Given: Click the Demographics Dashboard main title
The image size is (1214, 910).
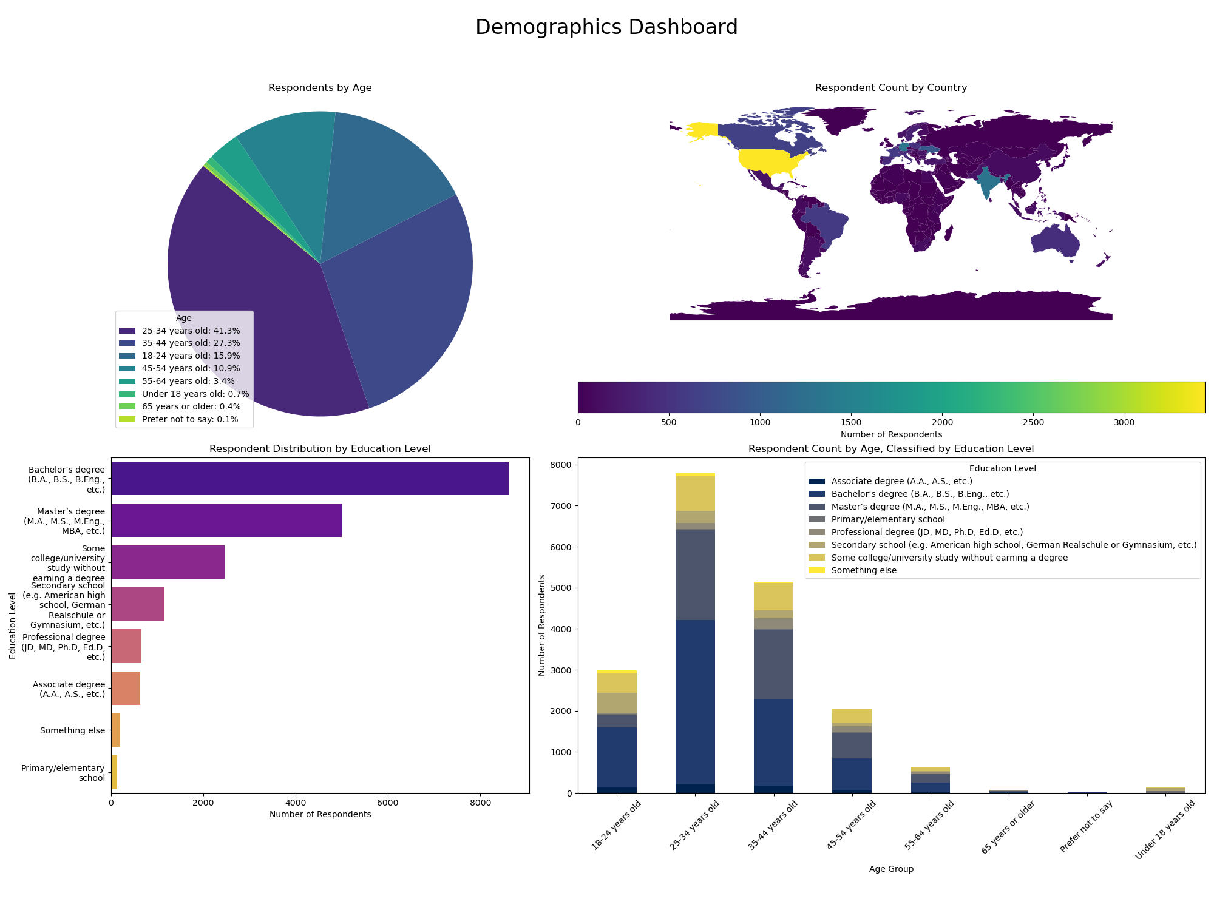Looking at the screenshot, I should pos(606,28).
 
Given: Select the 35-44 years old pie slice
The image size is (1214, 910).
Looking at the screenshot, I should pos(407,291).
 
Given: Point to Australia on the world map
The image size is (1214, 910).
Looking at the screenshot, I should pos(1055,243).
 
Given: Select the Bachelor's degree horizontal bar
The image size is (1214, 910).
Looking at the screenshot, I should pos(310,479).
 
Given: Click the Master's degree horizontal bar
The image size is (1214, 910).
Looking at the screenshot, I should pos(226,521).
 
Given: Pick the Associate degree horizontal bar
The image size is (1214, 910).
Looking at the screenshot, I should pos(126,689).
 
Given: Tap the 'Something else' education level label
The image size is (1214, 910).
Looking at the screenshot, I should pos(72,730).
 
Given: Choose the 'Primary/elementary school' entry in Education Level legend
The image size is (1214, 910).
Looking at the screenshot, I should pos(887,519).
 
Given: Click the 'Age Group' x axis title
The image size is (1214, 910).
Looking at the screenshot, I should pos(890,869).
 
